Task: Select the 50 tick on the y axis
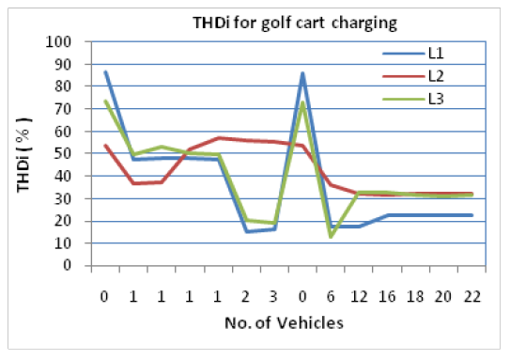click(65, 153)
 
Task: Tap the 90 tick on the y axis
click(65, 64)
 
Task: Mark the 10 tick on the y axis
click(65, 243)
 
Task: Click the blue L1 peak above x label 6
click(302, 73)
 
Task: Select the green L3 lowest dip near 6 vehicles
click(331, 237)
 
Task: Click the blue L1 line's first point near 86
click(105, 72)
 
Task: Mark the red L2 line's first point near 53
click(105, 146)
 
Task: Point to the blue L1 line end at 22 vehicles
click(471, 215)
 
